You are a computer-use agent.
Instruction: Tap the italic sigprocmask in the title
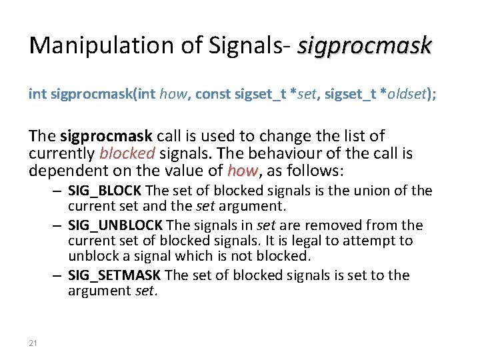365,45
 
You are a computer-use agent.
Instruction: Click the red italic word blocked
127,154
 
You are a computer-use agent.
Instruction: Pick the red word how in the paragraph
242,171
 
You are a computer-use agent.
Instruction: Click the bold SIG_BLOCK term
105,191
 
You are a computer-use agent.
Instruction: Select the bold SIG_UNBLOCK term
115,225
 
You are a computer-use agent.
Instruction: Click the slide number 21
34,343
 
